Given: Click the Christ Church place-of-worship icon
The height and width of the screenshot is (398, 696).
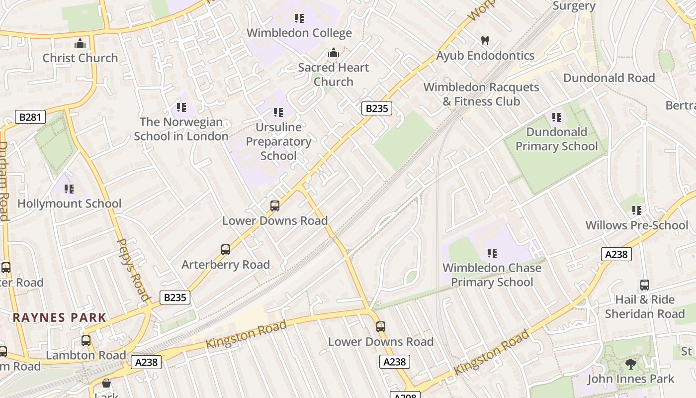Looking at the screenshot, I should [x=80, y=43].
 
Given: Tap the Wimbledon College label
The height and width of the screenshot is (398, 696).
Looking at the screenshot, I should [x=299, y=33].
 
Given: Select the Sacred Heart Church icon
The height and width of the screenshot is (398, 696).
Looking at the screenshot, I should [x=333, y=53].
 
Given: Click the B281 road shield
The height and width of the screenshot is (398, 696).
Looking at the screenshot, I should [x=30, y=117].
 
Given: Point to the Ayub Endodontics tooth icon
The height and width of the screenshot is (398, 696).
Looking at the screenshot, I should [x=485, y=41].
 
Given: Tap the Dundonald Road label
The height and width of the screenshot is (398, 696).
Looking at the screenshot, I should [x=609, y=78].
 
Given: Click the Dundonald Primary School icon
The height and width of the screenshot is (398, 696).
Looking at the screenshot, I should [x=556, y=117].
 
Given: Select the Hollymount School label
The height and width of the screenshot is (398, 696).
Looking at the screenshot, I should [x=69, y=203].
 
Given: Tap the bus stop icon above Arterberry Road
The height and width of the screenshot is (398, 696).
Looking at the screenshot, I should [x=226, y=250].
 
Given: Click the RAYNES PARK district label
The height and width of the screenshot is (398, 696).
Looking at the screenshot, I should [x=59, y=317].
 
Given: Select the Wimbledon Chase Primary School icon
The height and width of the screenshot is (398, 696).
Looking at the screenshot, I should [x=492, y=253].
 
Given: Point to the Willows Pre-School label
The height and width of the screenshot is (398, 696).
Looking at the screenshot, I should [x=636, y=225].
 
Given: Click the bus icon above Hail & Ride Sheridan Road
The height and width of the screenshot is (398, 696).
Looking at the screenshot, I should [x=644, y=285].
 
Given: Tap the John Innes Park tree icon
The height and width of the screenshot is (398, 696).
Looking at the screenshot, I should [x=630, y=364].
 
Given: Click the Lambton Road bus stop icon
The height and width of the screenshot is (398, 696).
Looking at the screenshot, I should [x=86, y=341].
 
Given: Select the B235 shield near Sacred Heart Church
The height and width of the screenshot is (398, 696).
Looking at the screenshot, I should [x=376, y=108].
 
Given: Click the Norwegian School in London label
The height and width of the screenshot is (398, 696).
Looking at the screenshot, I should [x=181, y=129].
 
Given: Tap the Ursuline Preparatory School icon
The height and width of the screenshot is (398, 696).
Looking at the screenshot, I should [x=278, y=112].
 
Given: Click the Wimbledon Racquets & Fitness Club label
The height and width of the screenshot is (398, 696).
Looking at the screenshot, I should [x=481, y=94].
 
